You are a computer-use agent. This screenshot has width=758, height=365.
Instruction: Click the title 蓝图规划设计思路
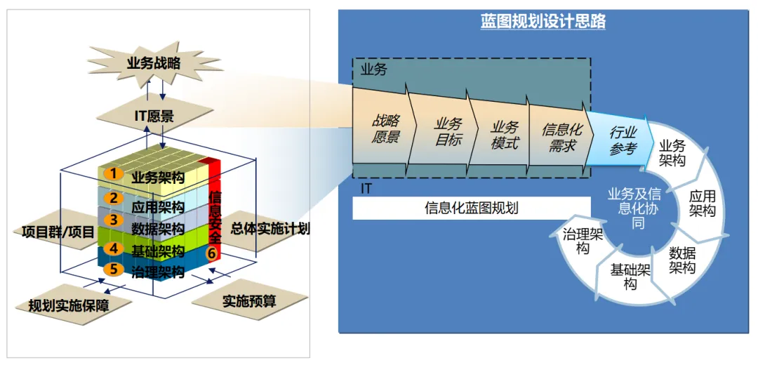pos(543,22)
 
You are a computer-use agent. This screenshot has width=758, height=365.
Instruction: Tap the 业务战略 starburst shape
pos(154,63)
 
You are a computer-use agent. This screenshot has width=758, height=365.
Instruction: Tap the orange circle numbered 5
pos(111,269)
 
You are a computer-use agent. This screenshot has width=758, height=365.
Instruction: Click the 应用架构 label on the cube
pos(158,207)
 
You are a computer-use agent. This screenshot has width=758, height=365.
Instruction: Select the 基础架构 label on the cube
pos(158,251)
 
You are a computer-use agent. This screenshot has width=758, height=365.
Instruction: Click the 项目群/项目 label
pos(54,230)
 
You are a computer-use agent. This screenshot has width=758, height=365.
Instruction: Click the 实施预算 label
pos(249,302)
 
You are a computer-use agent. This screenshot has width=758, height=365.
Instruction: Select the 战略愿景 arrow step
pos(385,130)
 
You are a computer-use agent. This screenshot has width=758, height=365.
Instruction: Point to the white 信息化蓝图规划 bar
pos(472,208)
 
